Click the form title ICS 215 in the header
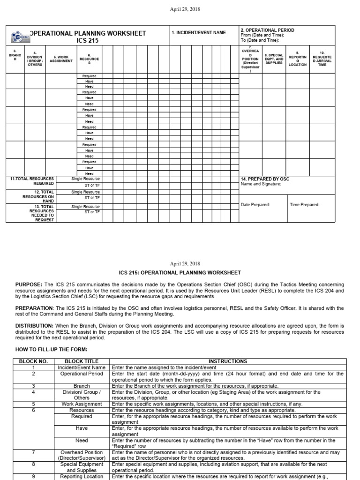88,41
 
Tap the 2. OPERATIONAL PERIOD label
267,30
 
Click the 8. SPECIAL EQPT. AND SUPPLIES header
274,59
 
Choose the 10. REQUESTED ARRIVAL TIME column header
322,59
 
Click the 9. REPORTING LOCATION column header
298,59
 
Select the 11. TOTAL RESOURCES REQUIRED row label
32,181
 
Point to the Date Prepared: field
255,205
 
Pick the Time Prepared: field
305,205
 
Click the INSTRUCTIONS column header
228,361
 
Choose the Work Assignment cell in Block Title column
82,404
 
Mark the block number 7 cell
33,452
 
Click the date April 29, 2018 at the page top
180,9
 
